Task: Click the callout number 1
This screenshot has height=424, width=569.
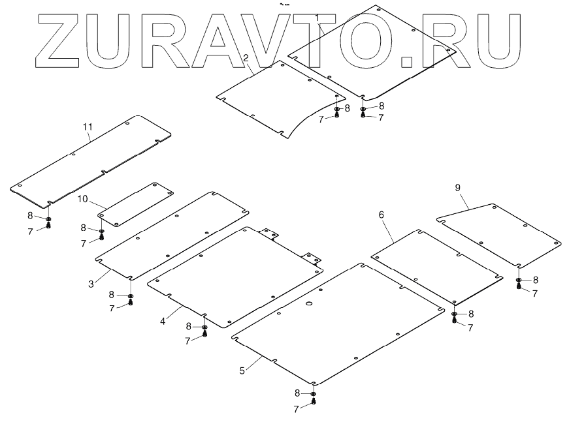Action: click(x=317, y=16)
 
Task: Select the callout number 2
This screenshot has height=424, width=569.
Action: click(x=246, y=58)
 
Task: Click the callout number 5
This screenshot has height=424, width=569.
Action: click(x=242, y=371)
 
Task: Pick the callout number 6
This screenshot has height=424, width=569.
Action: click(x=382, y=214)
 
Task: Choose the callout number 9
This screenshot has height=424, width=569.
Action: click(x=457, y=188)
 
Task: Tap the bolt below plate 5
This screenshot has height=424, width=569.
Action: click(x=314, y=402)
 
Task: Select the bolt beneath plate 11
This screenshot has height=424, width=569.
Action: click(x=49, y=226)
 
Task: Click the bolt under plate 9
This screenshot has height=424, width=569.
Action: click(x=519, y=287)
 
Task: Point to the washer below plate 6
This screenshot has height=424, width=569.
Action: click(x=454, y=314)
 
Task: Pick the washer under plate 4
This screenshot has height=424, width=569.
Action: click(x=204, y=327)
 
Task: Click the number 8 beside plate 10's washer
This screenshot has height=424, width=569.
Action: click(x=83, y=228)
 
